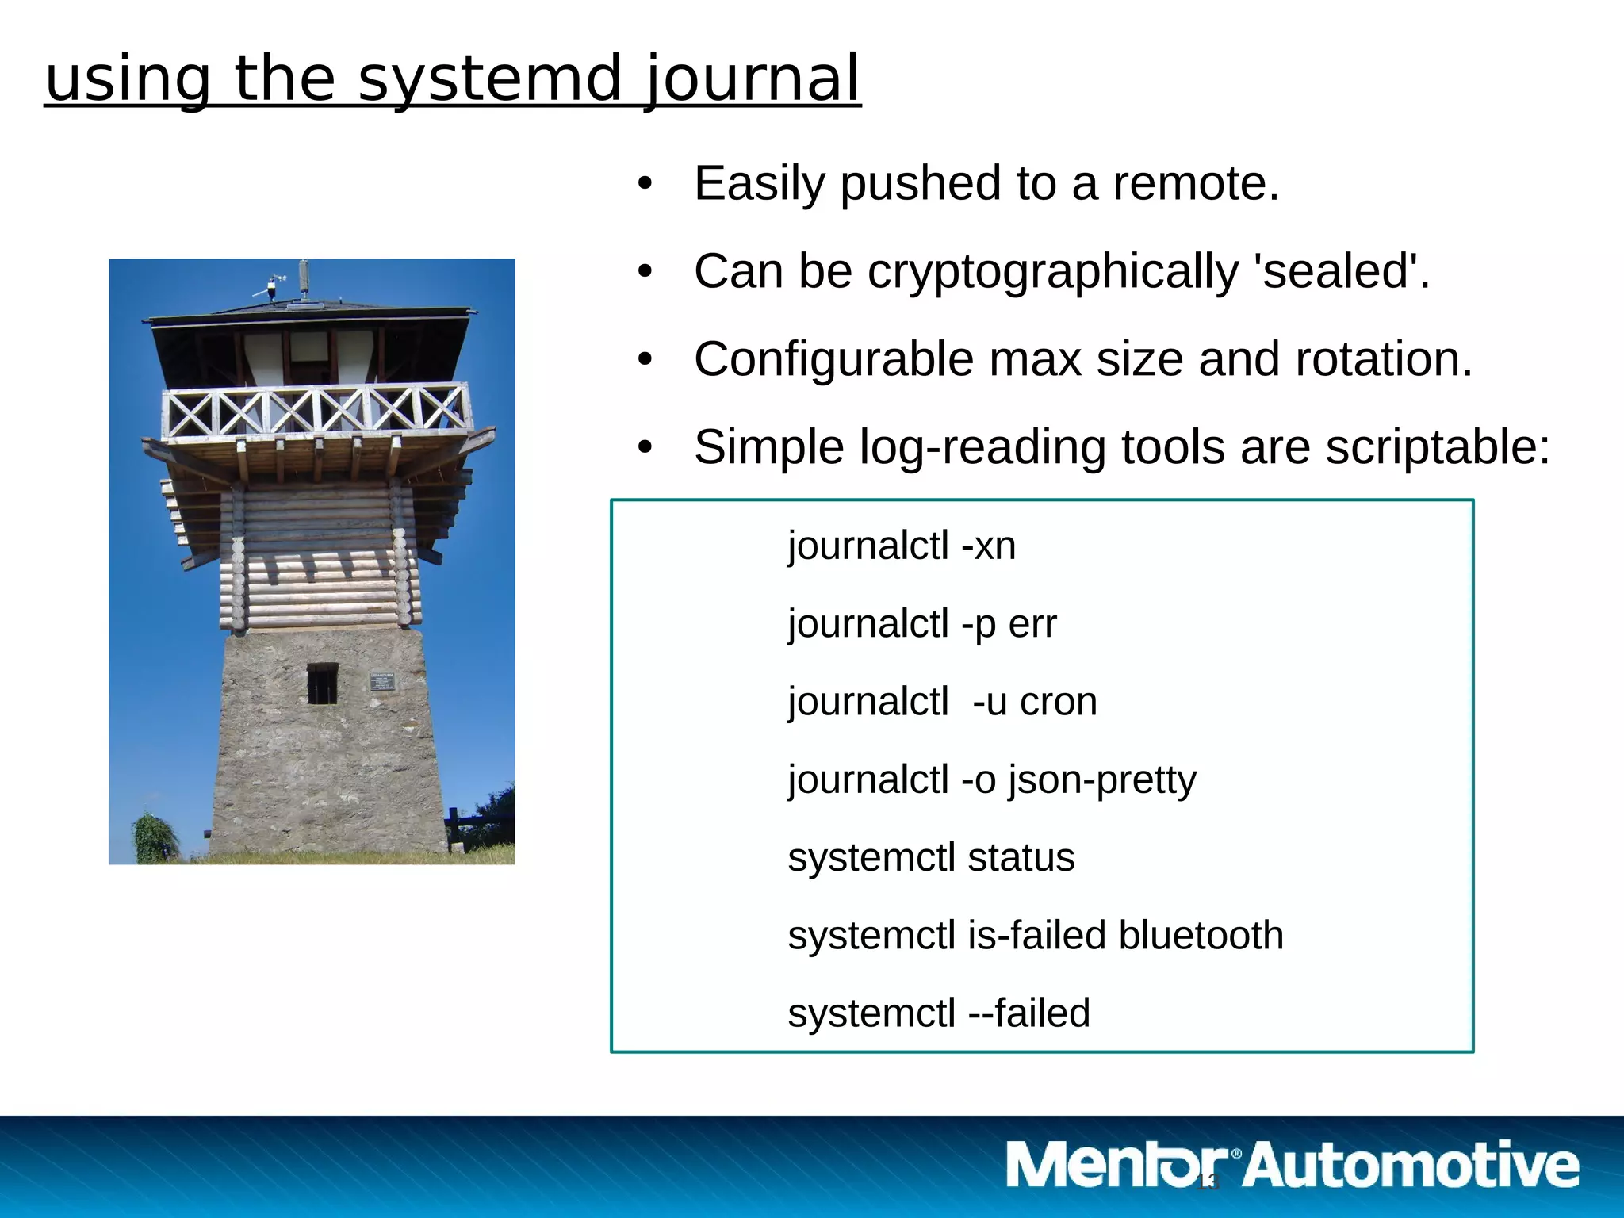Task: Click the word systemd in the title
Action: [x=488, y=79]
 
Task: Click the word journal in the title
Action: [x=752, y=79]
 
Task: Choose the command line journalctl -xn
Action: [x=902, y=546]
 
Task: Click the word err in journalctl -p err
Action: [x=1032, y=624]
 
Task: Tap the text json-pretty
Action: [x=1102, y=780]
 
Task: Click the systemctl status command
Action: [x=931, y=857]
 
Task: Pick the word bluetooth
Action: [x=1201, y=935]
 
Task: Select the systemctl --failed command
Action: [x=939, y=1013]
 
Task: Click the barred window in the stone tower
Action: [x=322, y=684]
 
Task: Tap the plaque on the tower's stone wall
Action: [x=382, y=680]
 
